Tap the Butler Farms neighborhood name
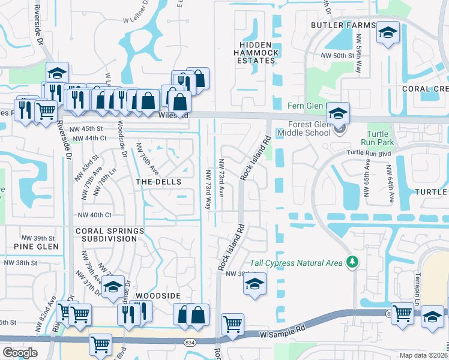click(343, 25)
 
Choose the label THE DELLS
click(158, 181)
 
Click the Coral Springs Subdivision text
click(109, 235)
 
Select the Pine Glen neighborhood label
click(37, 247)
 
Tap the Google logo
click(20, 353)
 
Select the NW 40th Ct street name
click(95, 215)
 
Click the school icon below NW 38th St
click(255, 284)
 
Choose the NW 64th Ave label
click(391, 186)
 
